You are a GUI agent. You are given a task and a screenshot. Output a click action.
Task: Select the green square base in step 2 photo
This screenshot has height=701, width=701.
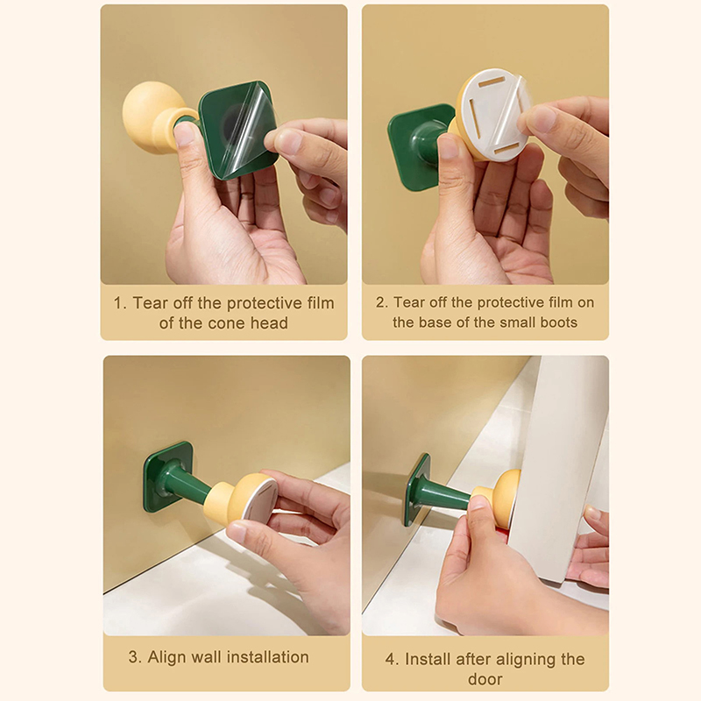pos(418,146)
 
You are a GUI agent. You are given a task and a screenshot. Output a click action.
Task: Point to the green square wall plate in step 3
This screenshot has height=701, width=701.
pos(167,477)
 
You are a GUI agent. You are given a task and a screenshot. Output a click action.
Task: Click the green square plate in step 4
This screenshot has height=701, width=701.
pos(417,490)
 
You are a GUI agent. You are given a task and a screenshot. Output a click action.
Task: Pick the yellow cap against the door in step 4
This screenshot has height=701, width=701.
pos(499,495)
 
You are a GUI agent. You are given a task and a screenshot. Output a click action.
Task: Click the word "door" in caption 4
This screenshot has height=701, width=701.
pos(485,679)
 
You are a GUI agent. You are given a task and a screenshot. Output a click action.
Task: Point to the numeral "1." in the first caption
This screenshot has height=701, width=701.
pos(120,303)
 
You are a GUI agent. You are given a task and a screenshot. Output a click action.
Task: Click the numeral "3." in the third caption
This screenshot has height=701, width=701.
pos(135,657)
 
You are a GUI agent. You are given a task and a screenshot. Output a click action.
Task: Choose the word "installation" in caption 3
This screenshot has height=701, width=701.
pos(268,656)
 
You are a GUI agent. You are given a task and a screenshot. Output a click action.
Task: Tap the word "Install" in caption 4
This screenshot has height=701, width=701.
pos(428,659)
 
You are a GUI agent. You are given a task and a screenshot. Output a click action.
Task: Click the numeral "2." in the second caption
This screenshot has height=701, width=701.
pos(382,302)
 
